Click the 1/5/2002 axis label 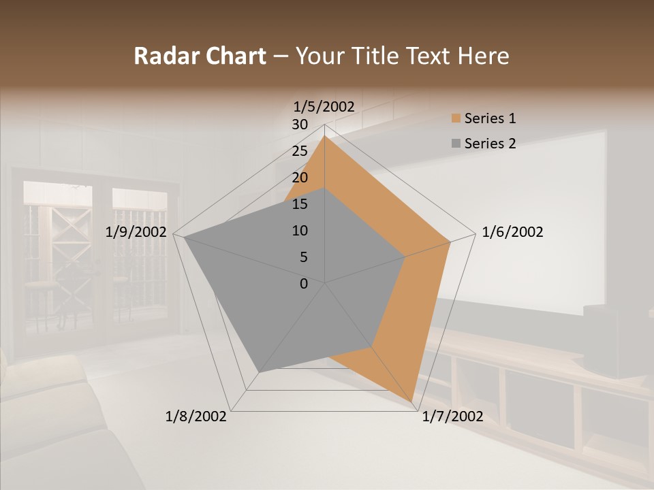point(324,106)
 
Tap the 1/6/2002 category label point(512,232)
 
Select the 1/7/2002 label point(452,416)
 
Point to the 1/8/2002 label point(196,416)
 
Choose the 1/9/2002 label point(136,232)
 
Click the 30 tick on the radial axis point(300,125)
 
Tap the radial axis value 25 point(300,151)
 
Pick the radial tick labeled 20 point(300,178)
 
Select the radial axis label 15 point(300,204)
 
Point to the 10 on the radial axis point(300,231)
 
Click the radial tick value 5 point(303,257)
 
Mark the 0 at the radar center point(304,284)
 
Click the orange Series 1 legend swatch point(456,119)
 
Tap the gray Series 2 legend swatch point(456,144)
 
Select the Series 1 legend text point(490,118)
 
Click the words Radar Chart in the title point(200,56)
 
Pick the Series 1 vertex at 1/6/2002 point(450,242)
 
